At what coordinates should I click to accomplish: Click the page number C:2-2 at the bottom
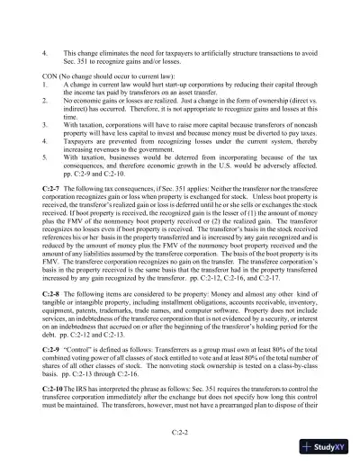[180, 430]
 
